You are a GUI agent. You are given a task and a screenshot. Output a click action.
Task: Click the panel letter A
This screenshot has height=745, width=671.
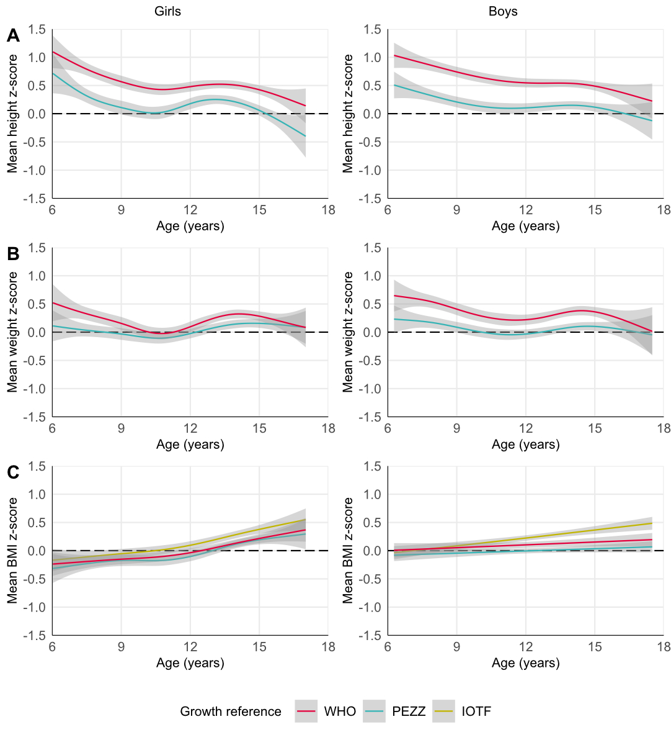coord(13,36)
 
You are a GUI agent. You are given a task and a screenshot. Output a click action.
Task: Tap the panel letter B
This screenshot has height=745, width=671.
coord(13,254)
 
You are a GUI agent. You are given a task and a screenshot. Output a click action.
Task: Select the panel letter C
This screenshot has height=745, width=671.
coord(13,472)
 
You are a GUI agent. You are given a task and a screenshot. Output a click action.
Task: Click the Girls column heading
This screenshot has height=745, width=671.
coord(168,12)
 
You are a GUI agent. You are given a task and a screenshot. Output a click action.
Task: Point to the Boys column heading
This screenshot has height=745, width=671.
coord(503,12)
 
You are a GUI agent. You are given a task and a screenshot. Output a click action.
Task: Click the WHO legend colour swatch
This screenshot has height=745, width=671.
coord(306,711)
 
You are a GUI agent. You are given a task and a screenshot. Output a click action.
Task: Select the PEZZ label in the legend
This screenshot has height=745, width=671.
coord(409,711)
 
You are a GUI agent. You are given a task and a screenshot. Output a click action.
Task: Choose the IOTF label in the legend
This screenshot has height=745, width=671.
coord(476,711)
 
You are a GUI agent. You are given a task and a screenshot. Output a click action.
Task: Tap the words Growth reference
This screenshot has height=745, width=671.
coord(231,711)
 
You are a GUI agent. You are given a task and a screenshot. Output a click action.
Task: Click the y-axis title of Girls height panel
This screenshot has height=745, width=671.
coord(13,114)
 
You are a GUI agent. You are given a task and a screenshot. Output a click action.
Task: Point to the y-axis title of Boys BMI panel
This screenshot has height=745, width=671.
coord(348,551)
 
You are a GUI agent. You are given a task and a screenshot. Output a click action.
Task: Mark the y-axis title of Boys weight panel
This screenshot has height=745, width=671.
coord(348,332)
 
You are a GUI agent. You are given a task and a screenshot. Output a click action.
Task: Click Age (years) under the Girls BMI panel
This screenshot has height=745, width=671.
coord(190,663)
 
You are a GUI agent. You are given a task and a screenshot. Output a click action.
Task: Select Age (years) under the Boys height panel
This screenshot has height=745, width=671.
coord(526,226)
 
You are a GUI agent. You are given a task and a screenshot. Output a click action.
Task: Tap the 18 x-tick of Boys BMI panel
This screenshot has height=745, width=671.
coord(664,647)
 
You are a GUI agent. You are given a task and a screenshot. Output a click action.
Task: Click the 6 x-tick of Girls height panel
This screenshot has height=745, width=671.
coord(52,210)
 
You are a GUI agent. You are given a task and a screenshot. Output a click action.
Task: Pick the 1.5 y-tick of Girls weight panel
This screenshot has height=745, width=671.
coord(37,248)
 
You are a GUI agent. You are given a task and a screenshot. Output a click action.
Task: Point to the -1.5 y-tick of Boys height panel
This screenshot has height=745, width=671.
coord(370,199)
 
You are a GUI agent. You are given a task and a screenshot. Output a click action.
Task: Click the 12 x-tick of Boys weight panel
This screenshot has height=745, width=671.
coord(526,428)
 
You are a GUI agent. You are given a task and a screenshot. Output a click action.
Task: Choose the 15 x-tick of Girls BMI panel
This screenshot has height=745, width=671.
coord(259,647)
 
